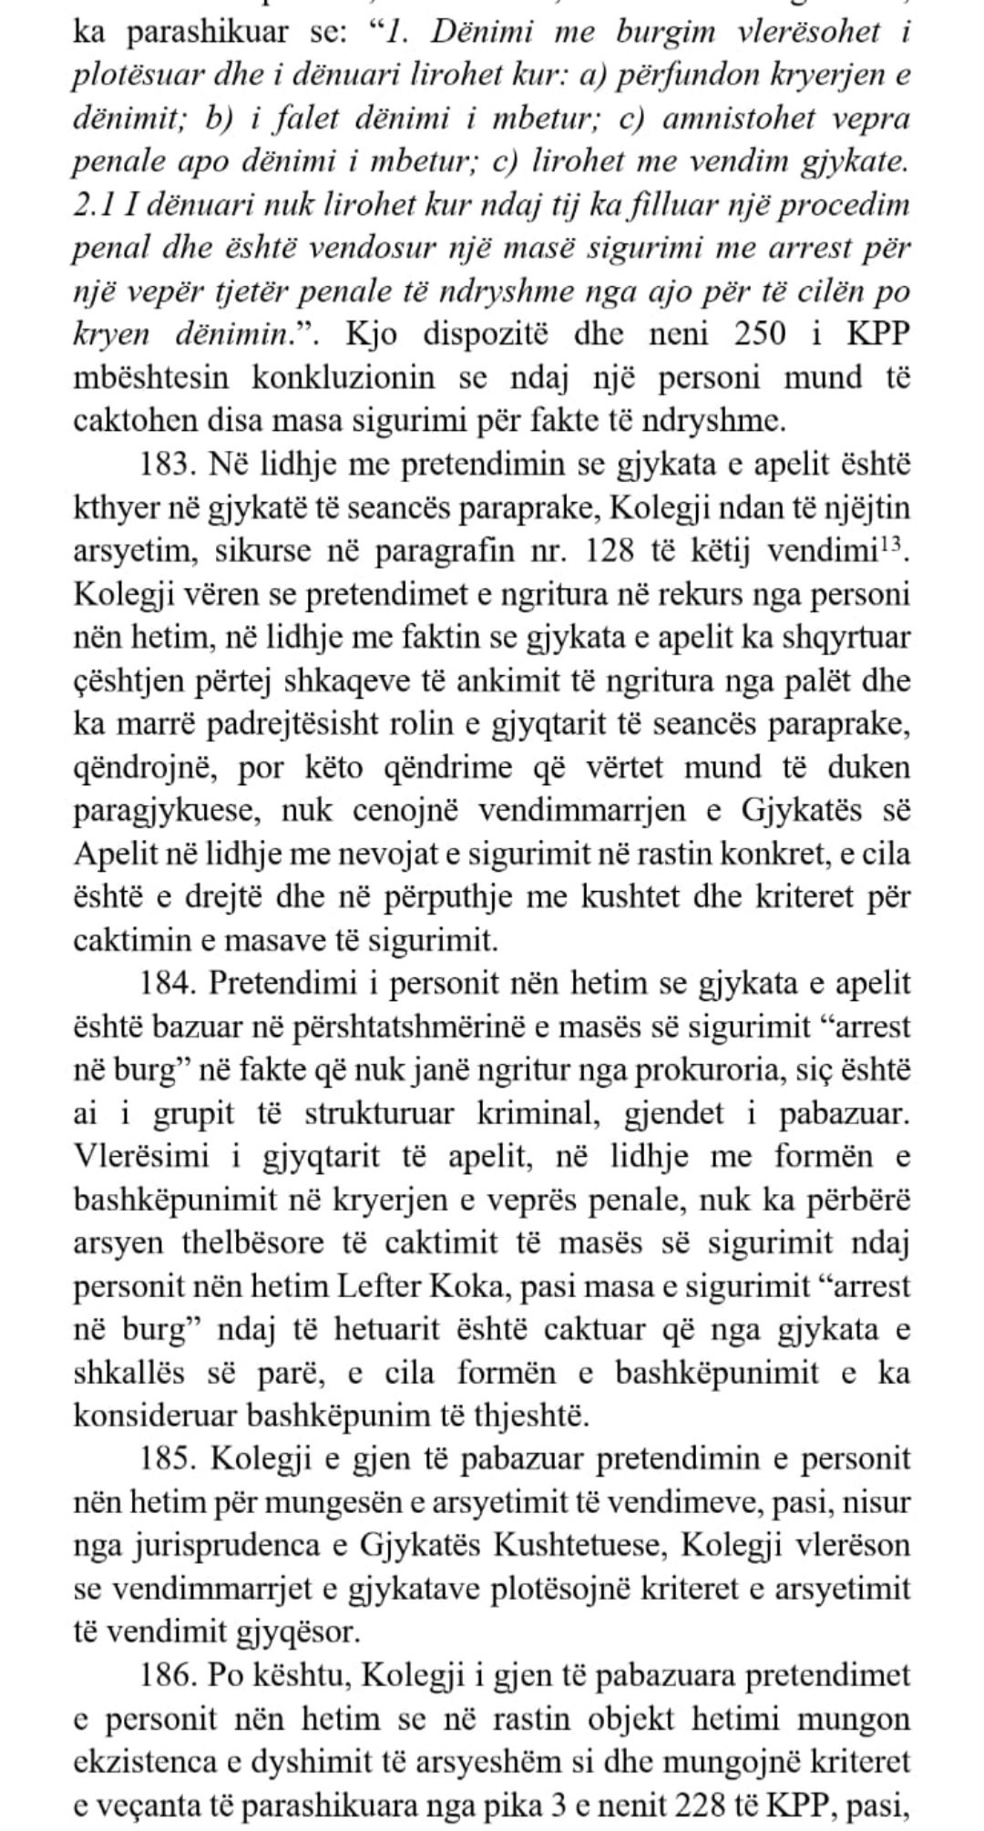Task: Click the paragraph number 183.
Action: (170, 465)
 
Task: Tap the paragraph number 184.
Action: (170, 984)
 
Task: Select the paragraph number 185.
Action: (170, 1458)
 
